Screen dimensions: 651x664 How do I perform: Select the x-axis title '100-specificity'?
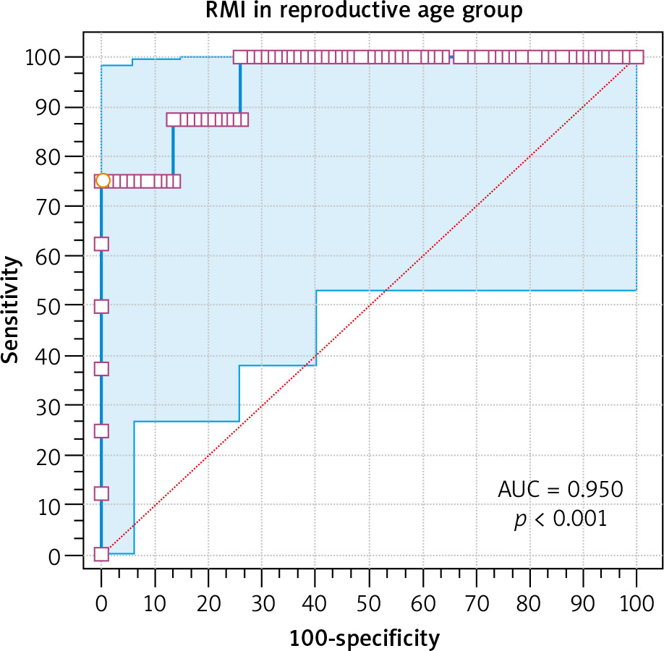coord(365,638)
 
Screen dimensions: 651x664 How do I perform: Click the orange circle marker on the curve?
coord(103,180)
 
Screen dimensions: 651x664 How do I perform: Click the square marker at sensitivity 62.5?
coord(101,244)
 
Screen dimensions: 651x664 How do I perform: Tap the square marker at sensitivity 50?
coord(101,306)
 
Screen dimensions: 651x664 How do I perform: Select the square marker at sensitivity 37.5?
coord(101,369)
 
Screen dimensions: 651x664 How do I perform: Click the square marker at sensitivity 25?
coord(101,431)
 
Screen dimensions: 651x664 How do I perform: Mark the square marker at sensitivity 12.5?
coord(101,493)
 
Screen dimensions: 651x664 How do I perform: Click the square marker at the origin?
coord(101,554)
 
